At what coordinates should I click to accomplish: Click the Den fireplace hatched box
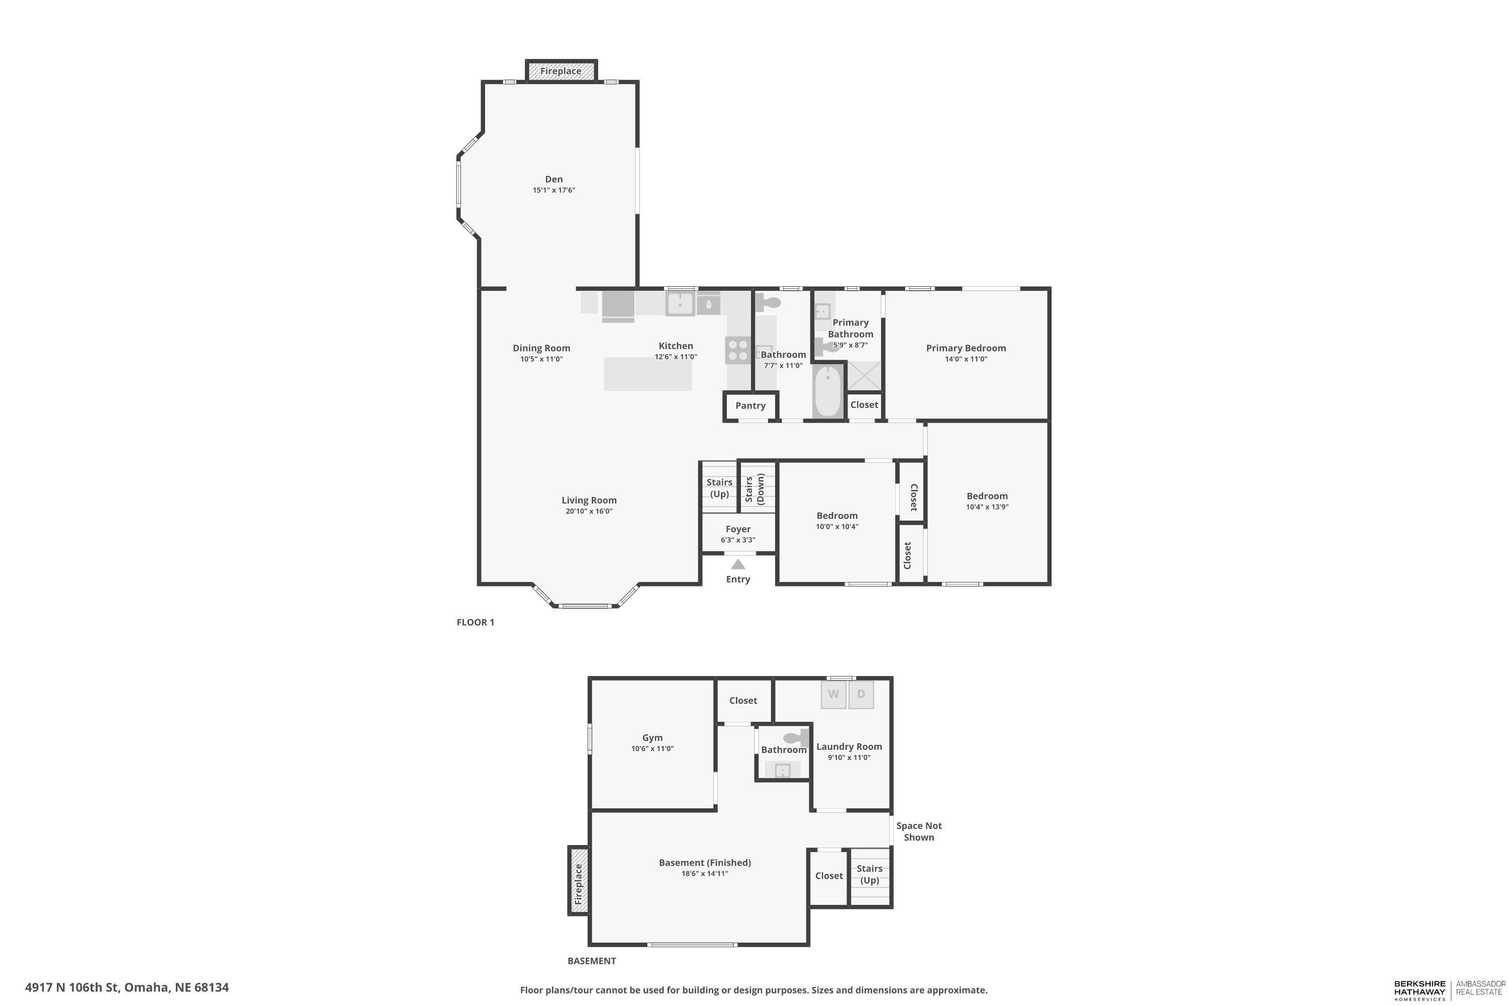[x=561, y=70]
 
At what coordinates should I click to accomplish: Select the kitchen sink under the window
[x=680, y=303]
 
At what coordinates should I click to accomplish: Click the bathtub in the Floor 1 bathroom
[x=828, y=391]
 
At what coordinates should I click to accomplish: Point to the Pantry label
[x=750, y=405]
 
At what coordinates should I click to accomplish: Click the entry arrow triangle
[x=738, y=564]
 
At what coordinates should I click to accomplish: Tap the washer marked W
[x=833, y=694]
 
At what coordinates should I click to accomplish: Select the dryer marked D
[x=861, y=694]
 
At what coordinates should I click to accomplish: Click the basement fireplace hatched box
[x=579, y=880]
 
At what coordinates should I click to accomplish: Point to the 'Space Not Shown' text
[x=919, y=831]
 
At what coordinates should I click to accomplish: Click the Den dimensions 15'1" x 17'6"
[x=554, y=190]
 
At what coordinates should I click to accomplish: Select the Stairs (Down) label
[x=755, y=489]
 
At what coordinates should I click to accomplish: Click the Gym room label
[x=652, y=738]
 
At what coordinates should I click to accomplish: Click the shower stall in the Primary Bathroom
[x=864, y=375]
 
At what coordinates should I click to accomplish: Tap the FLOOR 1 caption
[x=475, y=622]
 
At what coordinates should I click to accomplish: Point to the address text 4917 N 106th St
[x=72, y=987]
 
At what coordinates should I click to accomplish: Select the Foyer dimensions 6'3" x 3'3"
[x=738, y=540]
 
